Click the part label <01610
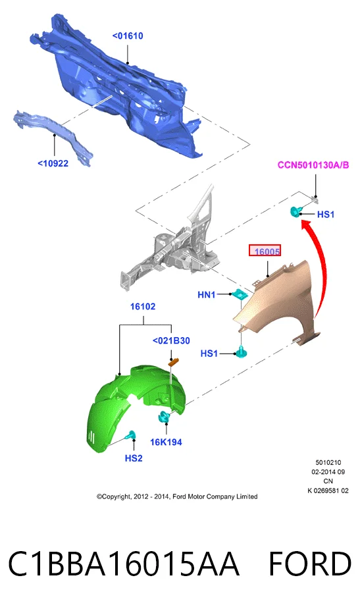pyautogui.click(x=128, y=36)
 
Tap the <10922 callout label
pyautogui.click(x=53, y=163)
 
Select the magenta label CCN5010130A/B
pyautogui.click(x=313, y=165)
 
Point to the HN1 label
pyautogui.click(x=207, y=294)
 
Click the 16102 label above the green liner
pyautogui.click(x=143, y=307)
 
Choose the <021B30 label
pyautogui.click(x=171, y=340)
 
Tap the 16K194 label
pyautogui.click(x=166, y=442)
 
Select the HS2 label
pyautogui.click(x=134, y=458)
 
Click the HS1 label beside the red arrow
pyautogui.click(x=326, y=215)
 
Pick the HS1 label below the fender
pyautogui.click(x=209, y=354)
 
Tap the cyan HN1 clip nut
pyautogui.click(x=240, y=294)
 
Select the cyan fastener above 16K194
pyautogui.click(x=164, y=417)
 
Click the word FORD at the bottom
pyautogui.click(x=310, y=564)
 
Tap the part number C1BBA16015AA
pyautogui.click(x=124, y=564)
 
